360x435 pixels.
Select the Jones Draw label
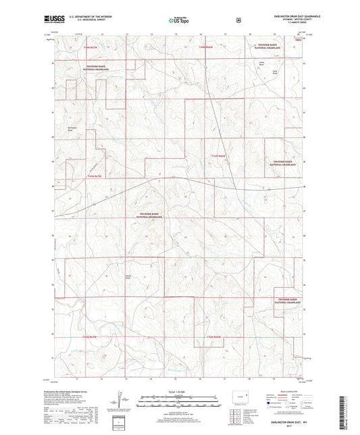[x=261, y=65]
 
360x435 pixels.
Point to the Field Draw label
[x=274, y=73]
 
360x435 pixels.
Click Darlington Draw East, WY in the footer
[x=274, y=420]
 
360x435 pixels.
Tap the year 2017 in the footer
[x=274, y=426]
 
